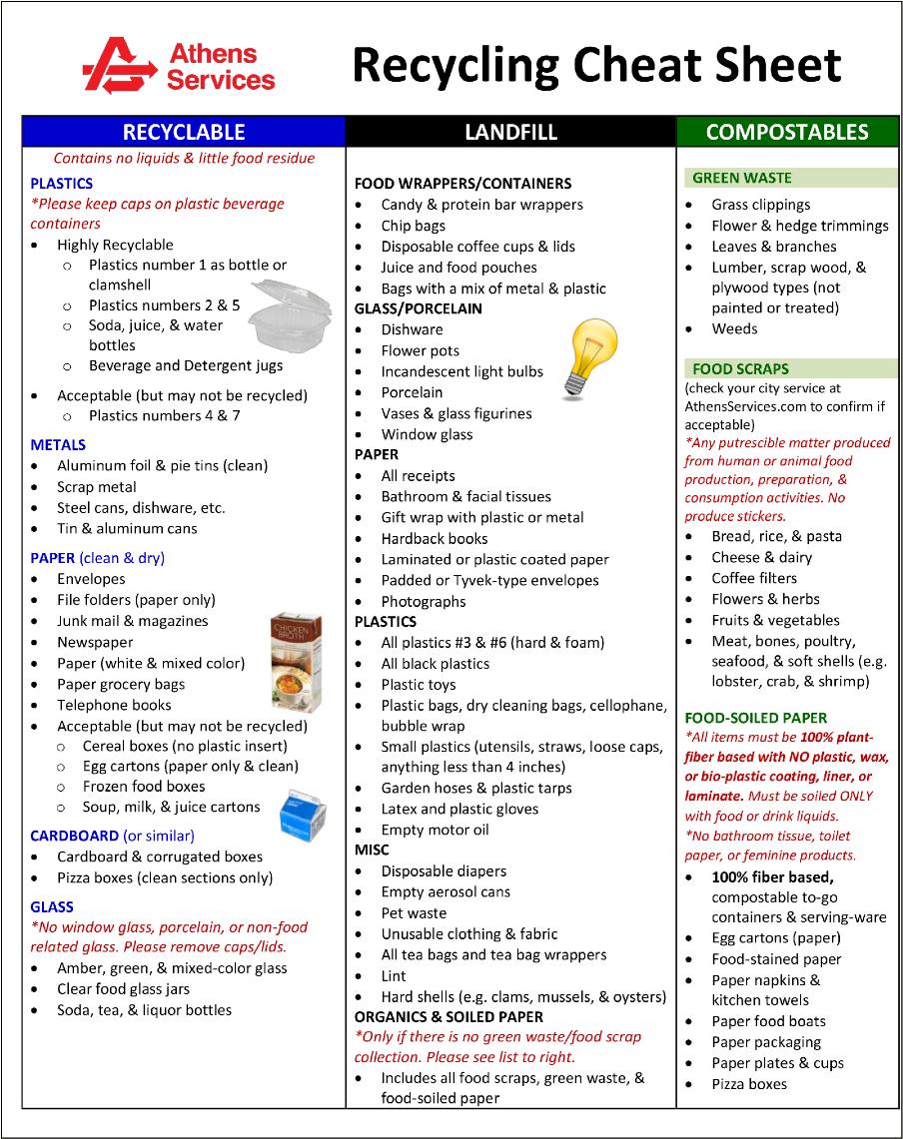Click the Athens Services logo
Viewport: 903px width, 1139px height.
tap(178, 65)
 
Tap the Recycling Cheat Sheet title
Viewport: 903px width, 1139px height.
tap(596, 65)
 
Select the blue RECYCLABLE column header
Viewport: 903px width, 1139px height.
tap(184, 132)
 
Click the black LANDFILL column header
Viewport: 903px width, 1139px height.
tap(510, 132)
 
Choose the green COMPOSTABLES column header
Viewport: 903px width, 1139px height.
tap(787, 132)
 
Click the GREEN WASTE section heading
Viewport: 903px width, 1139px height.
tap(741, 178)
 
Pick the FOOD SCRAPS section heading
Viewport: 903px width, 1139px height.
tap(740, 368)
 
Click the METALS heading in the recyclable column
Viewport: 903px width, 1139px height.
tap(58, 445)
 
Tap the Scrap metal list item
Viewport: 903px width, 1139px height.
tap(97, 487)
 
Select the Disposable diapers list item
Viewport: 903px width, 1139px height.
tap(444, 871)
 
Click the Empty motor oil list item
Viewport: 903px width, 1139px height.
tap(435, 830)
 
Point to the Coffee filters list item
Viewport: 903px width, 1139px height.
tap(754, 578)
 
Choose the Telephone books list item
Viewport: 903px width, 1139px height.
tap(114, 705)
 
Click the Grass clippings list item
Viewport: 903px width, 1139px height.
tap(760, 205)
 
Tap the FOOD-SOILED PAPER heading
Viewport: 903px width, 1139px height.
tap(755, 718)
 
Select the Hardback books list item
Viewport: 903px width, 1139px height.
tap(435, 538)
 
